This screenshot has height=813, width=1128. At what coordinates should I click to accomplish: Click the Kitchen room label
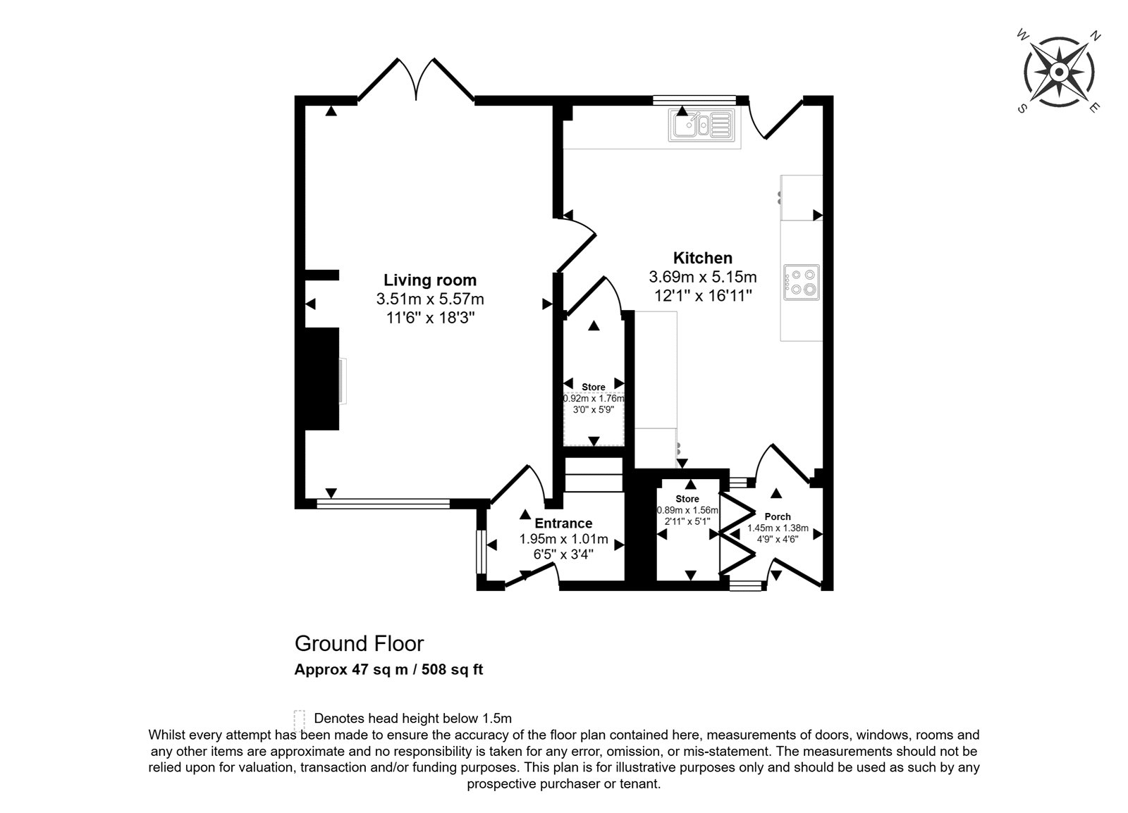[702, 258]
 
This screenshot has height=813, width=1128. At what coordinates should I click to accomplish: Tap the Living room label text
[430, 280]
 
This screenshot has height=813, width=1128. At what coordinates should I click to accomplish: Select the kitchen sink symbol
[701, 124]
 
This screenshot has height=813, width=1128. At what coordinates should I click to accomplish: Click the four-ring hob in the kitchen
[801, 283]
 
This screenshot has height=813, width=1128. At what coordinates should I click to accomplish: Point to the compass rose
[1058, 72]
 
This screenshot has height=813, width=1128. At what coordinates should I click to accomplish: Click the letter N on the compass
[1094, 36]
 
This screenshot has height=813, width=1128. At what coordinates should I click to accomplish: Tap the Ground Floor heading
[359, 643]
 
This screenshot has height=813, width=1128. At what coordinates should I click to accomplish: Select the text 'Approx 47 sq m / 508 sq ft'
[388, 669]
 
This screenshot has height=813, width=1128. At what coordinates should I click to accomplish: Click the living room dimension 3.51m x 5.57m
[430, 299]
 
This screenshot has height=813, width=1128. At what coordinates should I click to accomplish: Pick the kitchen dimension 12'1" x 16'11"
[703, 295]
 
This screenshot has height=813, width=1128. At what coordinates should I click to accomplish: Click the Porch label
[778, 516]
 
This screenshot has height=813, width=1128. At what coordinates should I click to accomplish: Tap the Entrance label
[563, 523]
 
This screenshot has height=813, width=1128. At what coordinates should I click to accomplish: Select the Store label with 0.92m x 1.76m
[593, 387]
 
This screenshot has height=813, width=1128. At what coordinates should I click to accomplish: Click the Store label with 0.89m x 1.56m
[687, 499]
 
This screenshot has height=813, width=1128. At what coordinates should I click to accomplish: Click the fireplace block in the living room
[321, 379]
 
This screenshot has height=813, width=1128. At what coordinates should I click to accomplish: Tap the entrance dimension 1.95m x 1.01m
[563, 540]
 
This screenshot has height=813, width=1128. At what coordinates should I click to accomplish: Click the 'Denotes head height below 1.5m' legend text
[413, 718]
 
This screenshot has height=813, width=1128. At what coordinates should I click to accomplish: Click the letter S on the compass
[1022, 108]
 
